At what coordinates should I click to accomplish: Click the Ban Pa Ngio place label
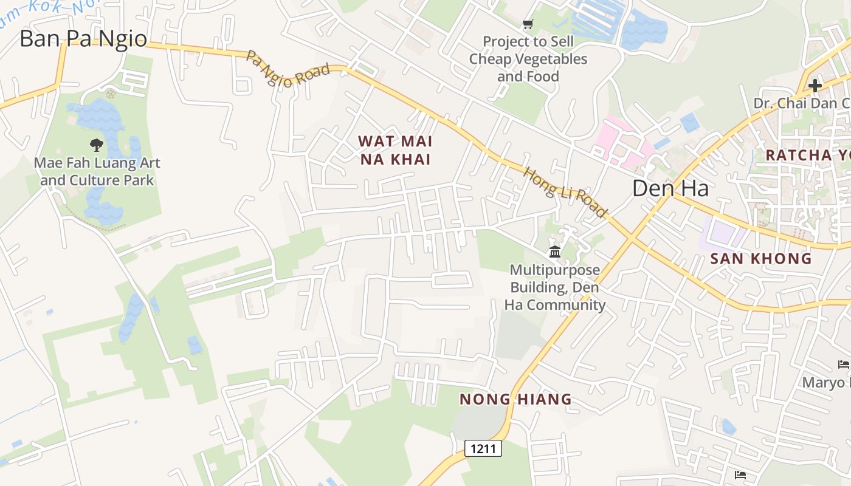tap(83, 39)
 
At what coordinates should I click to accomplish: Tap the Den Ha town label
tap(670, 188)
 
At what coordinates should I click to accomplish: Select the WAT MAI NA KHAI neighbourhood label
tap(395, 150)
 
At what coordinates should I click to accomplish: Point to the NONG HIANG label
tap(515, 399)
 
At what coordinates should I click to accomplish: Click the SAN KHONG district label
tap(761, 259)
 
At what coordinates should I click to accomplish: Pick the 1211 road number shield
tap(483, 449)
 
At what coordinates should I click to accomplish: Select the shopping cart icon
tap(528, 24)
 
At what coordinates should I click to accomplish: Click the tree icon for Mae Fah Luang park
tap(96, 145)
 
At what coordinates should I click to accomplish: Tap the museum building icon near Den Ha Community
tap(554, 252)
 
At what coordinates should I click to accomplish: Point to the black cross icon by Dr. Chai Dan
tap(815, 86)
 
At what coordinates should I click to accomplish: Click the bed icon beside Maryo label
tap(843, 364)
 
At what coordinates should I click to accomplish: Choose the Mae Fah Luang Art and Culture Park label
tap(97, 172)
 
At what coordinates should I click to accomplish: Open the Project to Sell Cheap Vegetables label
tap(528, 59)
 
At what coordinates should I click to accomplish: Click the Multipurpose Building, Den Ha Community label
tap(554, 287)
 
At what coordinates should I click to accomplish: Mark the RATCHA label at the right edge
tap(807, 155)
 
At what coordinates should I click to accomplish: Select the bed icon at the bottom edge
tap(740, 474)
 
